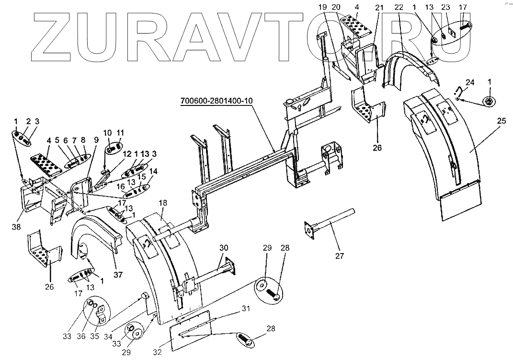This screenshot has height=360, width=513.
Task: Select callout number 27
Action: click(339, 256)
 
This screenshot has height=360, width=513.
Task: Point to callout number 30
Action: click(224, 248)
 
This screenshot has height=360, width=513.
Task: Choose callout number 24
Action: click(470, 82)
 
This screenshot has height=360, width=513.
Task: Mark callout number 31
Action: click(245, 308)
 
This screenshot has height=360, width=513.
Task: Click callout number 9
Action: click(96, 139)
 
